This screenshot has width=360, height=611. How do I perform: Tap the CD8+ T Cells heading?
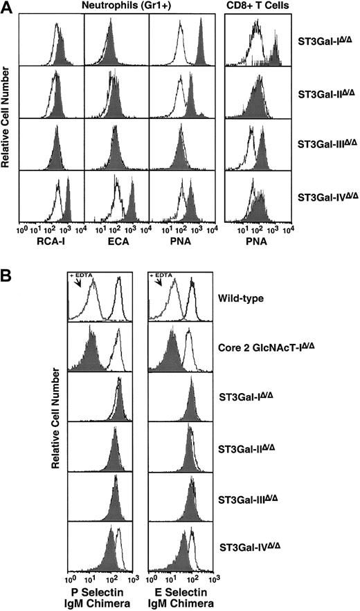[260, 7]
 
